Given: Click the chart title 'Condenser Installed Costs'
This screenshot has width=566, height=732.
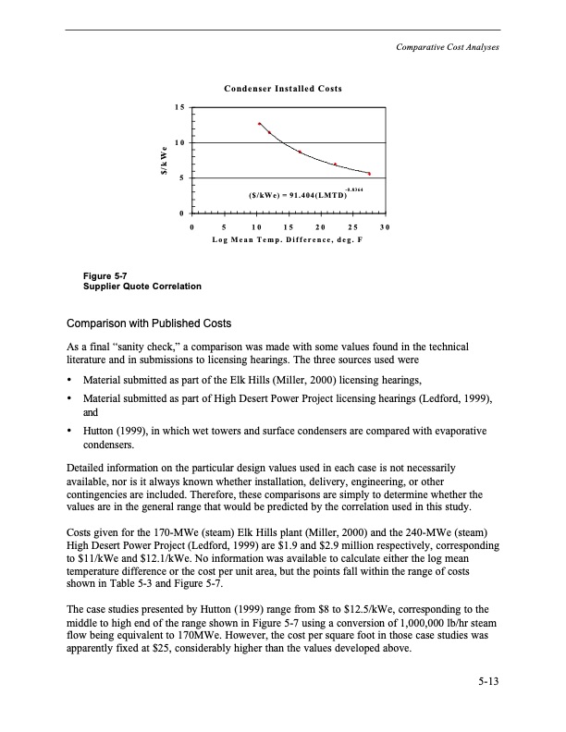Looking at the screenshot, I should coord(283,89).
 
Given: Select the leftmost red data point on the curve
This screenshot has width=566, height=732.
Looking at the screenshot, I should coord(260,123).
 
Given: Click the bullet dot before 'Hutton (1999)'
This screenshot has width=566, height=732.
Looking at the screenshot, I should coord(69,432).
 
